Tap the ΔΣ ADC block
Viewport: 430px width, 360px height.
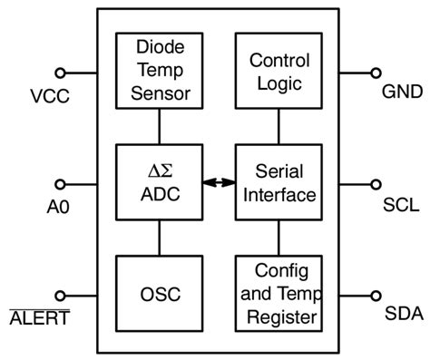[x=160, y=181]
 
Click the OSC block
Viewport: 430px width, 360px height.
[x=160, y=294]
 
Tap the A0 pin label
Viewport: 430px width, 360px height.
[x=57, y=207]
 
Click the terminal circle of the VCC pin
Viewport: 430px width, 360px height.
[x=61, y=72]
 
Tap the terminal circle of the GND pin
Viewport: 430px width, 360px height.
[x=374, y=72]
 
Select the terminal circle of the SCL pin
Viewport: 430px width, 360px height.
[x=374, y=183]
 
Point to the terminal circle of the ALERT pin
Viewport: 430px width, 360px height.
[x=61, y=295]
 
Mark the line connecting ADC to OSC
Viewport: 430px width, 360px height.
[x=160, y=238]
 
